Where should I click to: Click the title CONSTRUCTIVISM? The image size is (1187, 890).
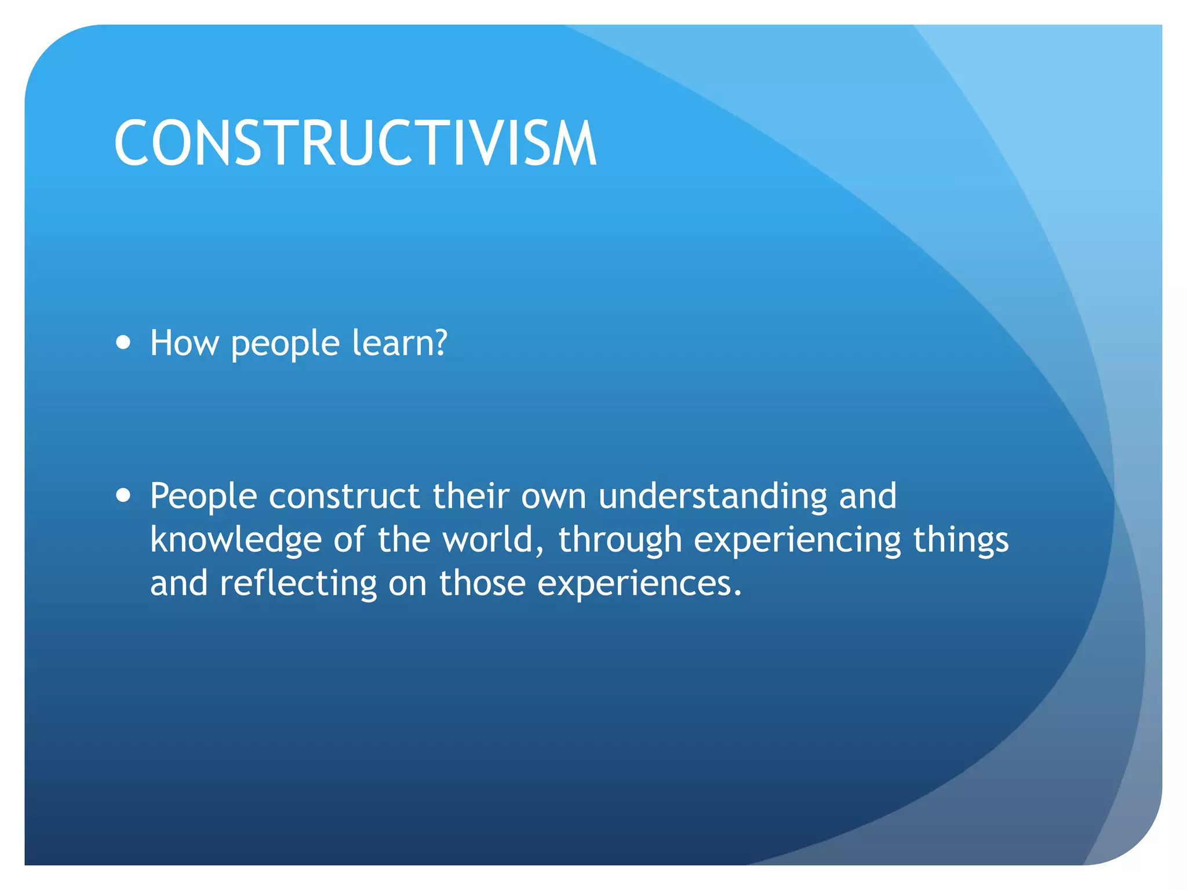pos(355,143)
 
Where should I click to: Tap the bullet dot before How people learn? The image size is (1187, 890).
pos(123,342)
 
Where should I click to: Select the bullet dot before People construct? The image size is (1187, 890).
pos(123,495)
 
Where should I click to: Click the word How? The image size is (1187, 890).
pos(184,343)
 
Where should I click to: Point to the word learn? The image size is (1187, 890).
pos(400,343)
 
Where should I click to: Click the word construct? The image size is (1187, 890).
pos(344,497)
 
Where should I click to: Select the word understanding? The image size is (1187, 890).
pos(713,497)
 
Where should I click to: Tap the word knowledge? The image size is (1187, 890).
pos(235,540)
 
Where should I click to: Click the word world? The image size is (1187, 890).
pos(493,540)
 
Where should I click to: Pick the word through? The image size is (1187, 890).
pos(620,540)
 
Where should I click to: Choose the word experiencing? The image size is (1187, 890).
pos(797,540)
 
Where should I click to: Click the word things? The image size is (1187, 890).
pos(960,540)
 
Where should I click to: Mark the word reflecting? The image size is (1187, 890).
pos(298,583)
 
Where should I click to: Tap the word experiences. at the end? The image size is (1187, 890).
pos(639,584)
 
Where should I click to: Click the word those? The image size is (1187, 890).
pos(482,583)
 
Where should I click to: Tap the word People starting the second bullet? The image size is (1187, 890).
pos(203,497)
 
